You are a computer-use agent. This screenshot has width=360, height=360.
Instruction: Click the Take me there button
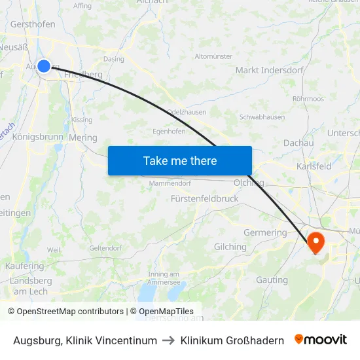coord(180,160)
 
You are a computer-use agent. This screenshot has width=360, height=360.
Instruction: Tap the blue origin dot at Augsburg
coord(44,65)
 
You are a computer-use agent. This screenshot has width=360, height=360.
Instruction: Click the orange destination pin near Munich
coord(315,243)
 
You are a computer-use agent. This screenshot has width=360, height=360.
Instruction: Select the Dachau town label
coord(298,143)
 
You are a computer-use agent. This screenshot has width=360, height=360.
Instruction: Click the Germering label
coord(265,232)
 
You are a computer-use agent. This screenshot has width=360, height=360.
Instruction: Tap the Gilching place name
coord(230,247)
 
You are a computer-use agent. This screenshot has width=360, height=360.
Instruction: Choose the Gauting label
coord(272,280)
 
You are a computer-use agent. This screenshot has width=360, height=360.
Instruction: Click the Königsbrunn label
coord(37,137)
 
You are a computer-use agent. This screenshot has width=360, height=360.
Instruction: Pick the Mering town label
coord(82,138)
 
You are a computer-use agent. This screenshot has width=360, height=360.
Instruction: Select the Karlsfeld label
coord(314,166)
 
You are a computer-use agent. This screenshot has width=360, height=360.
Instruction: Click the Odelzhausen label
coord(187,112)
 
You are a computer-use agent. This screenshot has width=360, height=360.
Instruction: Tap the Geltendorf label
coord(106,248)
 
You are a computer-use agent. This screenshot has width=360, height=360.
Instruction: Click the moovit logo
coord(321,340)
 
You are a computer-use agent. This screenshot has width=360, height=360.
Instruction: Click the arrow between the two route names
coord(169,340)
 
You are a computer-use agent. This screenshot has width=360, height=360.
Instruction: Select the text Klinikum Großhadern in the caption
coord(232,340)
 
